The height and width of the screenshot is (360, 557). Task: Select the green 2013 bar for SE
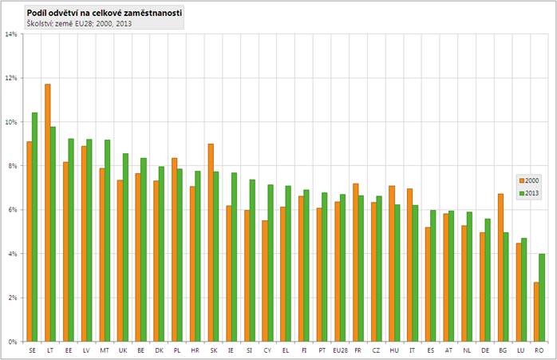coord(35,227)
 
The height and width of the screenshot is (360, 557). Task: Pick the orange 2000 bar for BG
coord(500,267)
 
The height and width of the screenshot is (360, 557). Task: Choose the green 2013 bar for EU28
coord(343,267)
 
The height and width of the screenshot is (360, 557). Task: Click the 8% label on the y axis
coord(12,166)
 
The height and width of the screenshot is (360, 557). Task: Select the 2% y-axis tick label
coord(12,298)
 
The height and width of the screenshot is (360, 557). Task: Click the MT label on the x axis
coord(105,350)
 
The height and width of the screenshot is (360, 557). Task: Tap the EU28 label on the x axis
coord(340,350)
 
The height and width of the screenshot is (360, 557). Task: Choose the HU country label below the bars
coord(394,350)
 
